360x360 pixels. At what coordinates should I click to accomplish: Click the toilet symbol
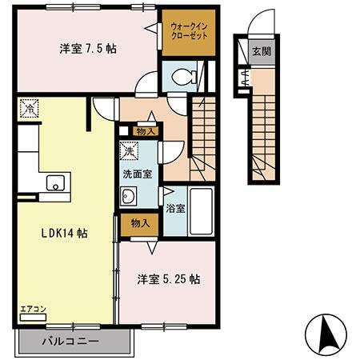coord(185,77)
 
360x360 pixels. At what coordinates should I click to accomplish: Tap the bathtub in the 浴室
coord(202,211)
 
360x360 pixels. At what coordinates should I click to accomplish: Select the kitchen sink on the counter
coord(55,182)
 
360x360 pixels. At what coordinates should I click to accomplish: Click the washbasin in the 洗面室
coord(128,196)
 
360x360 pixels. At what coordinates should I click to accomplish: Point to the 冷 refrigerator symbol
coord(29,108)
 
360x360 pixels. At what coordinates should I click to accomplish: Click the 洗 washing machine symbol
coord(129,151)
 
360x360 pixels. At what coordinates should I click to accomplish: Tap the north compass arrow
coord(328,333)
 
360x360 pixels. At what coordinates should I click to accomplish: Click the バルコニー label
coord(70,341)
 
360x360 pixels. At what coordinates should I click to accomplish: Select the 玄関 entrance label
coord(262,51)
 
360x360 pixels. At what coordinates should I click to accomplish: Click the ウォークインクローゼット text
coord(189,31)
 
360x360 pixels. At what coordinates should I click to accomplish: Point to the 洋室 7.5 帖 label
coord(88,49)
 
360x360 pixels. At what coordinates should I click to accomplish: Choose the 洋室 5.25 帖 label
coord(169,279)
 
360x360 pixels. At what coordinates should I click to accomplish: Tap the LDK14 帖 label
coord(64,234)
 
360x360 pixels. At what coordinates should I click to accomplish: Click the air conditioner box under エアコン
coord(33,318)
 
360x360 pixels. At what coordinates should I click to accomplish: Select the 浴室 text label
coord(175,209)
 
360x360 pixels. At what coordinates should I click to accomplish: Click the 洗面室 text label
coord(138,174)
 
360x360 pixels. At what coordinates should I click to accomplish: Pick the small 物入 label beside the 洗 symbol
coord(146,131)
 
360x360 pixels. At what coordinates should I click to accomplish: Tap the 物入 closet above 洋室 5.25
coord(140,225)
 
